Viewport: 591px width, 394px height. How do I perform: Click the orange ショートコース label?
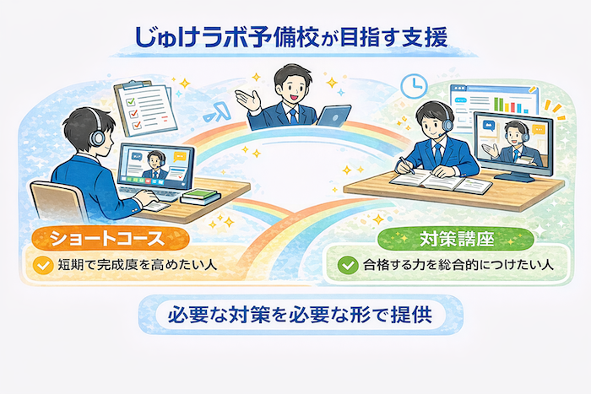pyautogui.click(x=110, y=239)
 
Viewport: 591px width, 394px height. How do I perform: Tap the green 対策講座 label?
pyautogui.click(x=456, y=240)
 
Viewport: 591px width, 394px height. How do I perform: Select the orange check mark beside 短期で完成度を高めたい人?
pyautogui.click(x=43, y=265)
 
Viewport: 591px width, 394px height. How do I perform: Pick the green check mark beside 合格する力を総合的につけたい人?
pyautogui.click(x=348, y=265)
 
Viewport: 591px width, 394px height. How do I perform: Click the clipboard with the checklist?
pyautogui.click(x=145, y=107)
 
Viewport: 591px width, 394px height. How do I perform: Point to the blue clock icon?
pyautogui.click(x=414, y=86)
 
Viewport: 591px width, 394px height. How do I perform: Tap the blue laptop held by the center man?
pyautogui.click(x=333, y=115)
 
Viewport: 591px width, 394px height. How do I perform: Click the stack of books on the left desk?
pyautogui.click(x=201, y=197)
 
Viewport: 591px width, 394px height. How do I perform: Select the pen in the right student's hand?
pyautogui.click(x=407, y=165)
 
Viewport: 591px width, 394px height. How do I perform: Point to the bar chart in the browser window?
pyautogui.click(x=511, y=105)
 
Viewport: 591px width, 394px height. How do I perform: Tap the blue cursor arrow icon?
pyautogui.click(x=217, y=112)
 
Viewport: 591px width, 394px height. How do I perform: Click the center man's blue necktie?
pyautogui.click(x=293, y=116)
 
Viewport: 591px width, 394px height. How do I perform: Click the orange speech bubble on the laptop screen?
pyautogui.click(x=180, y=156)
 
